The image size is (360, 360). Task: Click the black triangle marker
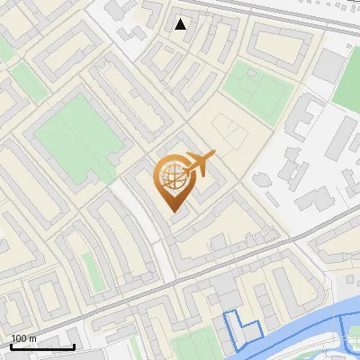coord(181,24)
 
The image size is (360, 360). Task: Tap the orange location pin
coord(173,180)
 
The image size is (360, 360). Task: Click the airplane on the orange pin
coord(198,163)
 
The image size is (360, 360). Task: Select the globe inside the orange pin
coord(172,176)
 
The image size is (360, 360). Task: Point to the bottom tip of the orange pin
coord(173,211)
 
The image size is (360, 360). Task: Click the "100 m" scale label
coord(23,338)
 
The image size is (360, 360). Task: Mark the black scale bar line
coord(41,346)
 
